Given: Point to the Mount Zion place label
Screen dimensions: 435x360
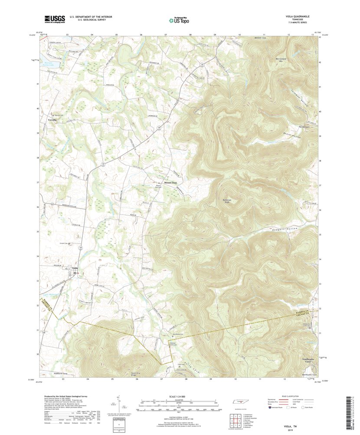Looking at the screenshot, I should (170, 183).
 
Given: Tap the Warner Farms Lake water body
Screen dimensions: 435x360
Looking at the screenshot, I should (52, 64).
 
